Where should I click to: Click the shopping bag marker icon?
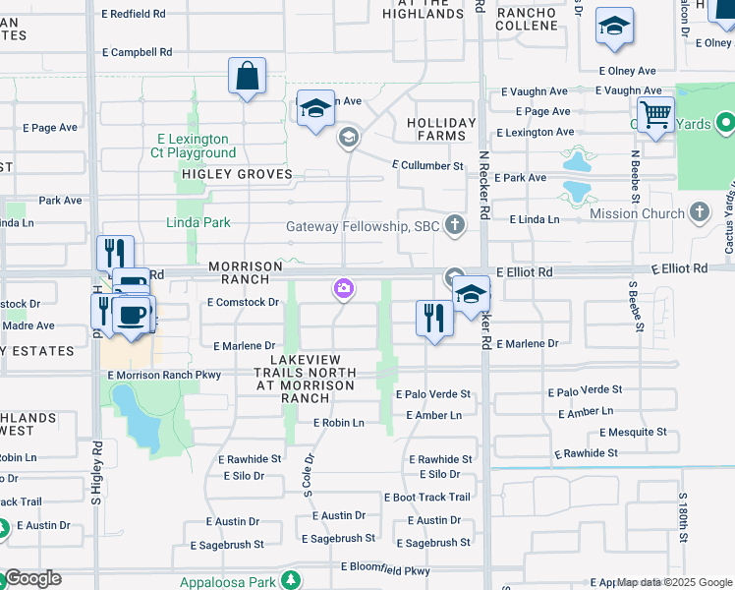(x=248, y=76)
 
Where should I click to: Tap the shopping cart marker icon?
(x=654, y=114)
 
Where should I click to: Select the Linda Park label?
(x=203, y=222)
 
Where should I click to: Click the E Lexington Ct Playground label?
(x=193, y=147)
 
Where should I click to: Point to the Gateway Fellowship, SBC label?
(x=363, y=227)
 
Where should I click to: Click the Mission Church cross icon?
(x=700, y=212)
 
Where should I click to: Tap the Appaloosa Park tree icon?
(x=290, y=580)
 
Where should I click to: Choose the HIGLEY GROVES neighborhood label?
(x=237, y=174)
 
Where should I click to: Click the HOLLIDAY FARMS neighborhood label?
(x=441, y=130)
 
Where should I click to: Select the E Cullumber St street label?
(x=427, y=166)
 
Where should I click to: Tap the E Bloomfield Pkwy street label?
(x=385, y=569)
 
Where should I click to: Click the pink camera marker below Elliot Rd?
(x=344, y=289)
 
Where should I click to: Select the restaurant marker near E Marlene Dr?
(x=433, y=318)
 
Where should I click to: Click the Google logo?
(x=32, y=578)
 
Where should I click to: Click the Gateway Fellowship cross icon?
(x=454, y=226)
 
